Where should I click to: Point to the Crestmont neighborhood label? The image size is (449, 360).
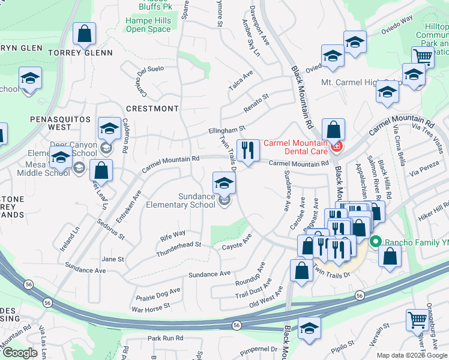(x=152, y=109)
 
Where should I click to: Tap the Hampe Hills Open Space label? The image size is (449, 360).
(x=148, y=25)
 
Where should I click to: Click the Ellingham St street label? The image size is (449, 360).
(x=227, y=129)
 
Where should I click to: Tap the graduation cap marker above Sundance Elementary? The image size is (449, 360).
(x=224, y=182)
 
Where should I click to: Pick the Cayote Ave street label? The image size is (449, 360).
(x=237, y=245)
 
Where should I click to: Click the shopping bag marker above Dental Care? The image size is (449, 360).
(x=333, y=129)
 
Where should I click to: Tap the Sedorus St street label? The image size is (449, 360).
(x=110, y=229)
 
